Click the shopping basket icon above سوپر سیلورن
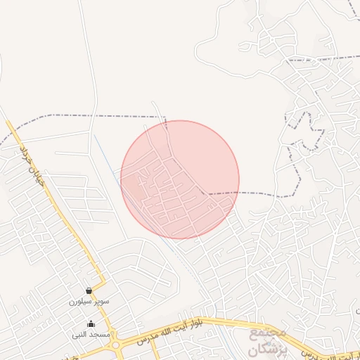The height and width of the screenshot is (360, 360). pos(89,290)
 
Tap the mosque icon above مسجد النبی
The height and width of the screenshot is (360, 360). pos(91,324)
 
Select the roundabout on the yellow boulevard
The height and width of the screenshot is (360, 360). pos(115,345)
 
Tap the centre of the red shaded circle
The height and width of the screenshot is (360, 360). pos(180,179)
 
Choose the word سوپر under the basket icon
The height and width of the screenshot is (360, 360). pos(99,301)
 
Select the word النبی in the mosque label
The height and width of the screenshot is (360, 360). pos(80,335)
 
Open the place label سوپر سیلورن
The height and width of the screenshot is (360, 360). pos(89,301)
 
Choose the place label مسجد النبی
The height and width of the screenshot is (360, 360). pos(90,335)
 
